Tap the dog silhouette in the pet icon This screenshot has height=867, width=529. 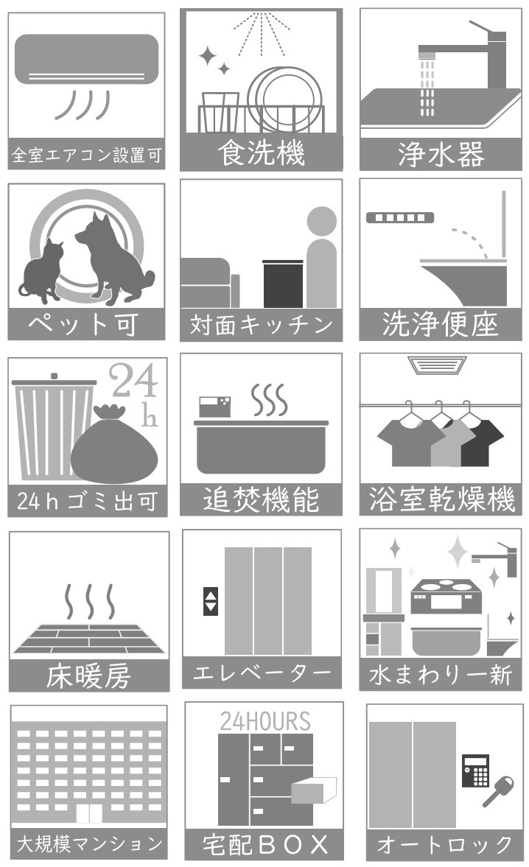pos(111,258)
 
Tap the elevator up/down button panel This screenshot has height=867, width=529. pos(211,600)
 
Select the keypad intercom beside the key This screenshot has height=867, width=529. pos(476,770)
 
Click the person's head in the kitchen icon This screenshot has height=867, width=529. pos(321,220)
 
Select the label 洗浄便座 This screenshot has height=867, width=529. pos(441,325)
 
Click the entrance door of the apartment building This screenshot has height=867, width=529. pos(88,814)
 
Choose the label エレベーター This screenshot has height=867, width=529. pos(262,672)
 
